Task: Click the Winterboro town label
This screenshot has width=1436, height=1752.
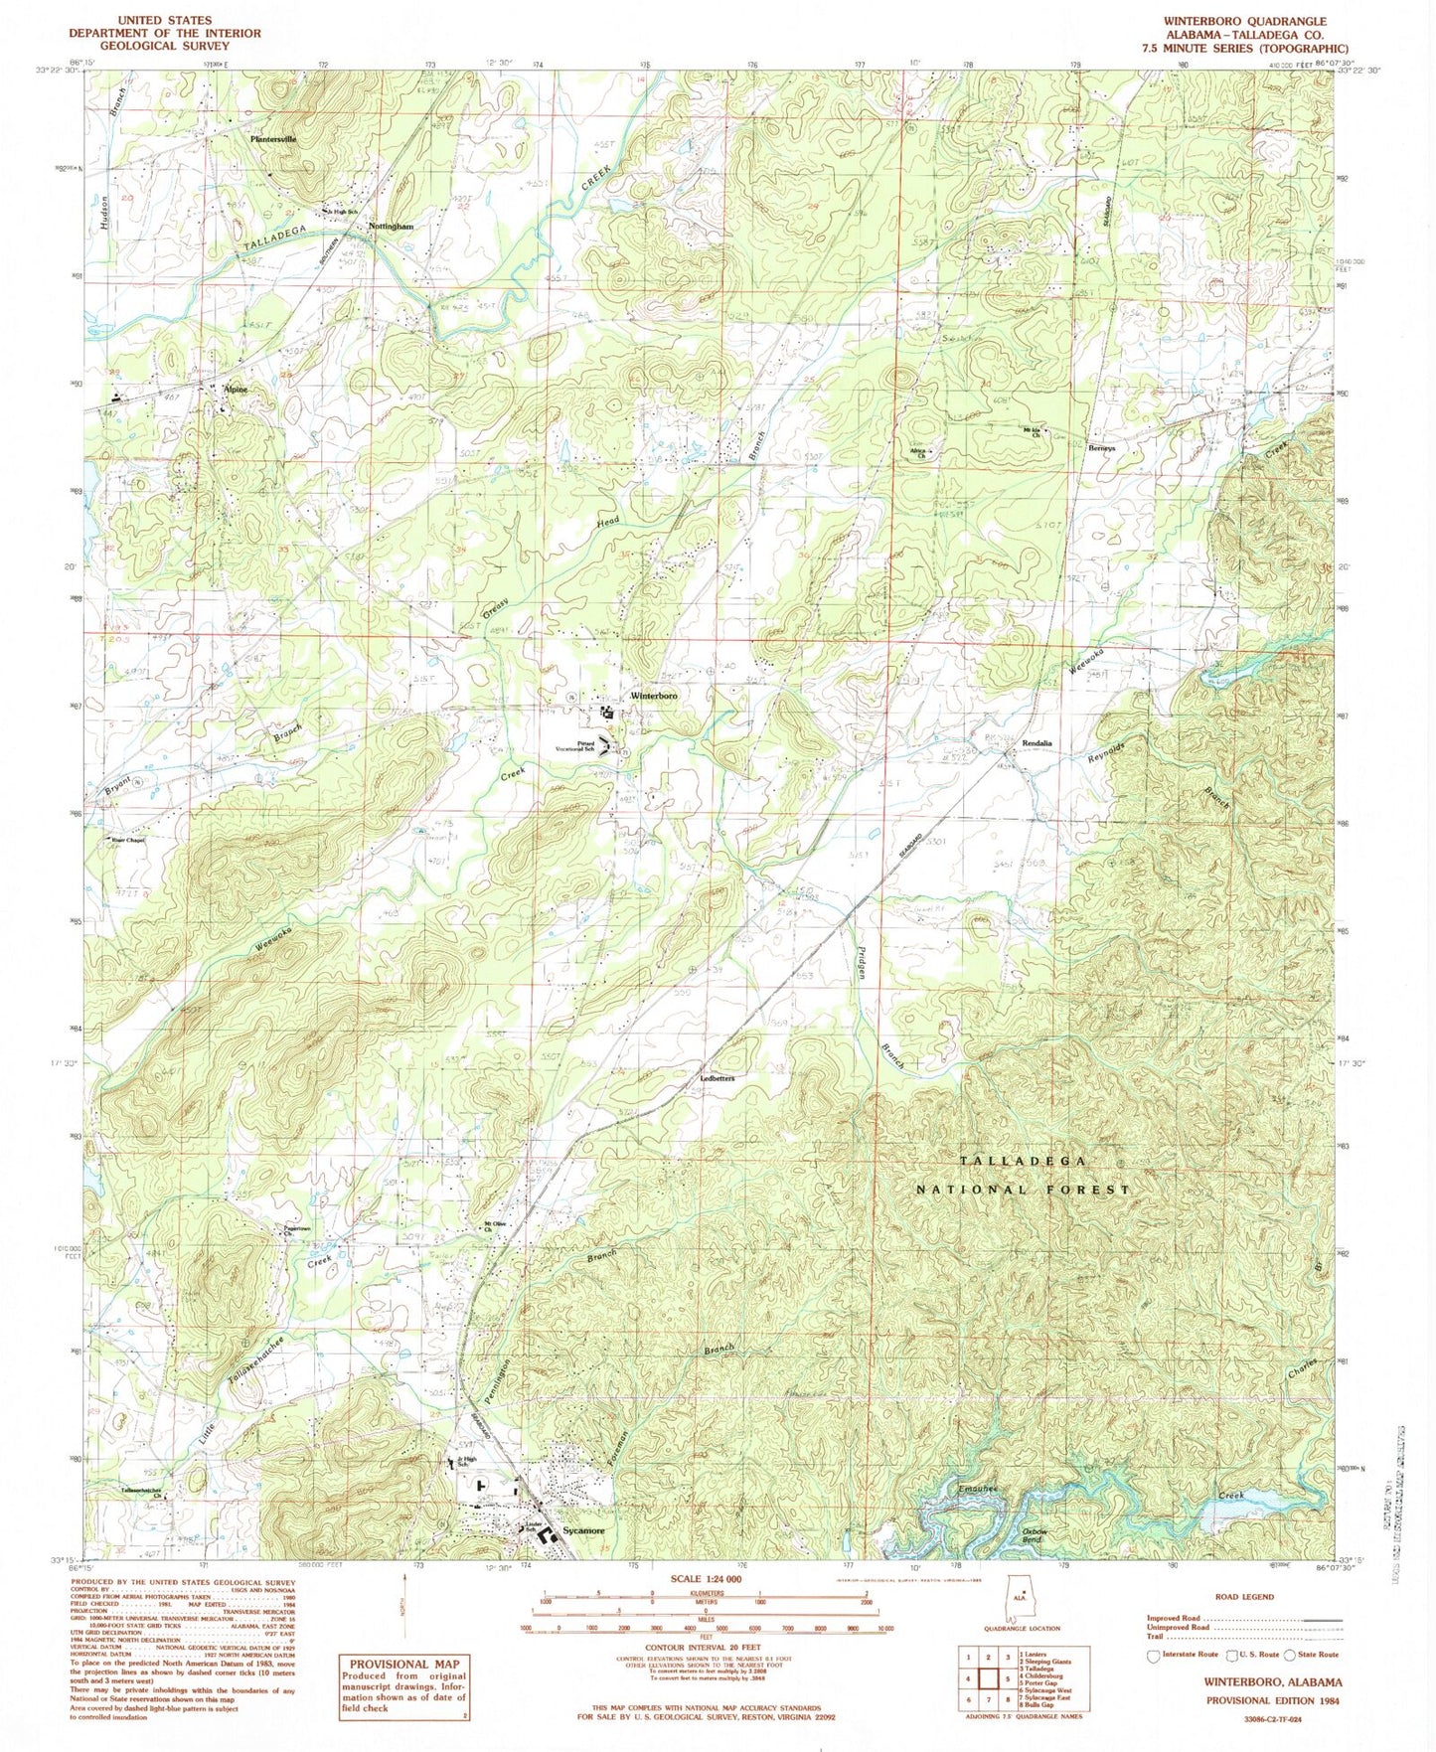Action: pos(653,697)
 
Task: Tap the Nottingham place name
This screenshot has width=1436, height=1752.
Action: pos(391,226)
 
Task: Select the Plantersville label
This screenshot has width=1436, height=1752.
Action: pos(273,140)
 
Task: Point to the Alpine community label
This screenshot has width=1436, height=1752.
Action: pos(234,390)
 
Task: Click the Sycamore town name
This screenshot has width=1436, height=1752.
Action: pos(583,1531)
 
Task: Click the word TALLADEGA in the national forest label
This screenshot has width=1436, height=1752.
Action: pos(1025,1161)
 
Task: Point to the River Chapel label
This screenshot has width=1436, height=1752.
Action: pos(129,839)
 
